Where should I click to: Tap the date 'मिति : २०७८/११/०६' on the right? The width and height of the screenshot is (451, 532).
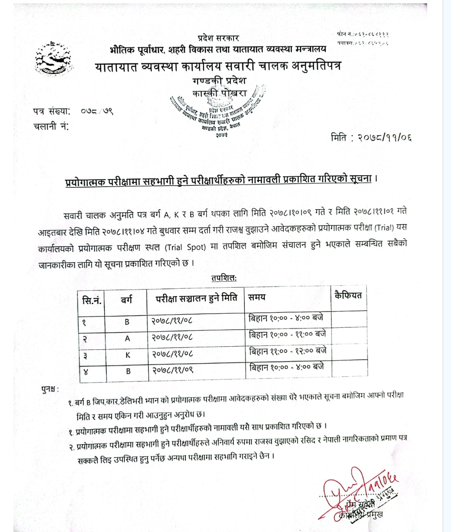tap(371, 138)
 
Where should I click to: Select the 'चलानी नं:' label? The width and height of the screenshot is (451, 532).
tap(51, 127)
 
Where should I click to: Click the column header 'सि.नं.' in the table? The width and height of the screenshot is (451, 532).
tap(91, 299)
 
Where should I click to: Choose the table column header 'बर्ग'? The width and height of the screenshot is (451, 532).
tap(127, 299)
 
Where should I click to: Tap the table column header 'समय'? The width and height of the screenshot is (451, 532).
tap(257, 297)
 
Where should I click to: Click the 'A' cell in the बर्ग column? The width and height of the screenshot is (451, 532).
tap(127, 338)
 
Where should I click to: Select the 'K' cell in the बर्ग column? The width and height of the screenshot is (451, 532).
tap(127, 355)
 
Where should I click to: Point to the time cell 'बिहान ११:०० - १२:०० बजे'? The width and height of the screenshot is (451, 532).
tap(286, 351)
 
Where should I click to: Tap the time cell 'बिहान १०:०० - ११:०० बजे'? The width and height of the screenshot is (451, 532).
tap(286, 335)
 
